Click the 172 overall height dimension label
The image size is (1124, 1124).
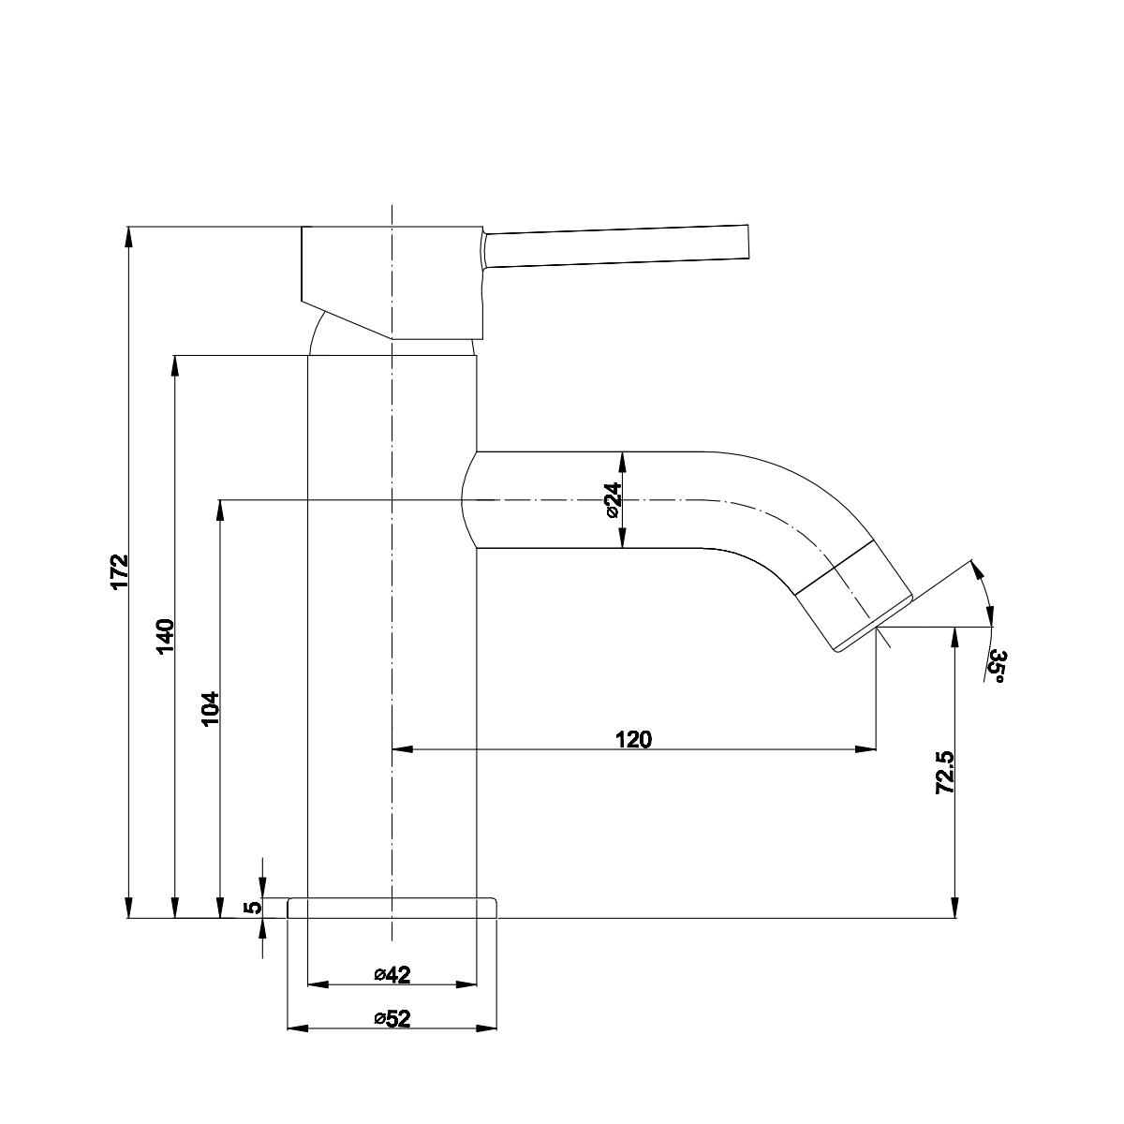click(x=118, y=572)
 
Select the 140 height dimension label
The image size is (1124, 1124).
click(x=164, y=636)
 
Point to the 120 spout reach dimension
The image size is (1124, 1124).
click(x=633, y=739)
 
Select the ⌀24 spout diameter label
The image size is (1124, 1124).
click(x=612, y=501)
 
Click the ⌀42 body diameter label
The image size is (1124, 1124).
click(x=392, y=975)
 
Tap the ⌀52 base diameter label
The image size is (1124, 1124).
click(x=392, y=1019)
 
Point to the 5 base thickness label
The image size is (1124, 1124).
click(x=251, y=908)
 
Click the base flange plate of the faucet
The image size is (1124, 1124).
click(x=392, y=908)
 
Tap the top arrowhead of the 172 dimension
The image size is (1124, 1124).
click(x=128, y=236)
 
